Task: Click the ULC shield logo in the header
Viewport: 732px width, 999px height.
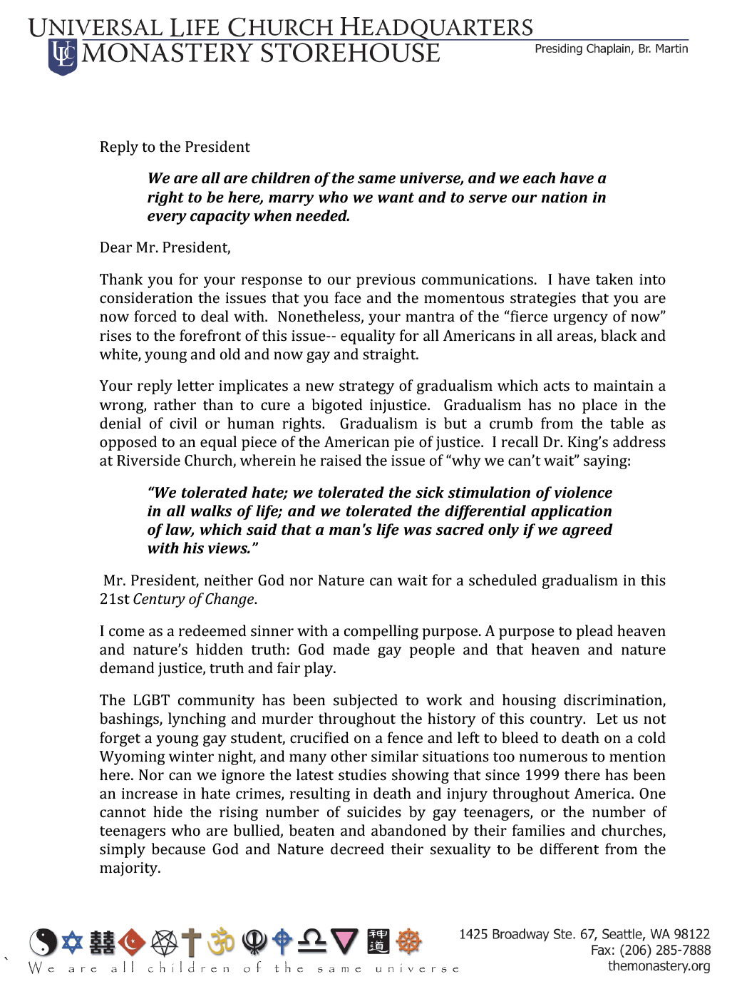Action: tap(63, 56)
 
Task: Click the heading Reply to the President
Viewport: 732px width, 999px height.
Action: tap(175, 147)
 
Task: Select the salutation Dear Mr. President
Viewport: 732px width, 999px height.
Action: tap(165, 247)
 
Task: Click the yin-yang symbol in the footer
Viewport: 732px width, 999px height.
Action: tap(43, 943)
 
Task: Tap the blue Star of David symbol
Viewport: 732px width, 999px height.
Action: tap(72, 942)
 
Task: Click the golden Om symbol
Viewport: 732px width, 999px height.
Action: tap(221, 942)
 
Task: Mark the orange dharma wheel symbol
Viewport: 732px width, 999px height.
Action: tap(409, 942)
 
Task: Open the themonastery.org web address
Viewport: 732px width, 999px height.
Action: tap(659, 966)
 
